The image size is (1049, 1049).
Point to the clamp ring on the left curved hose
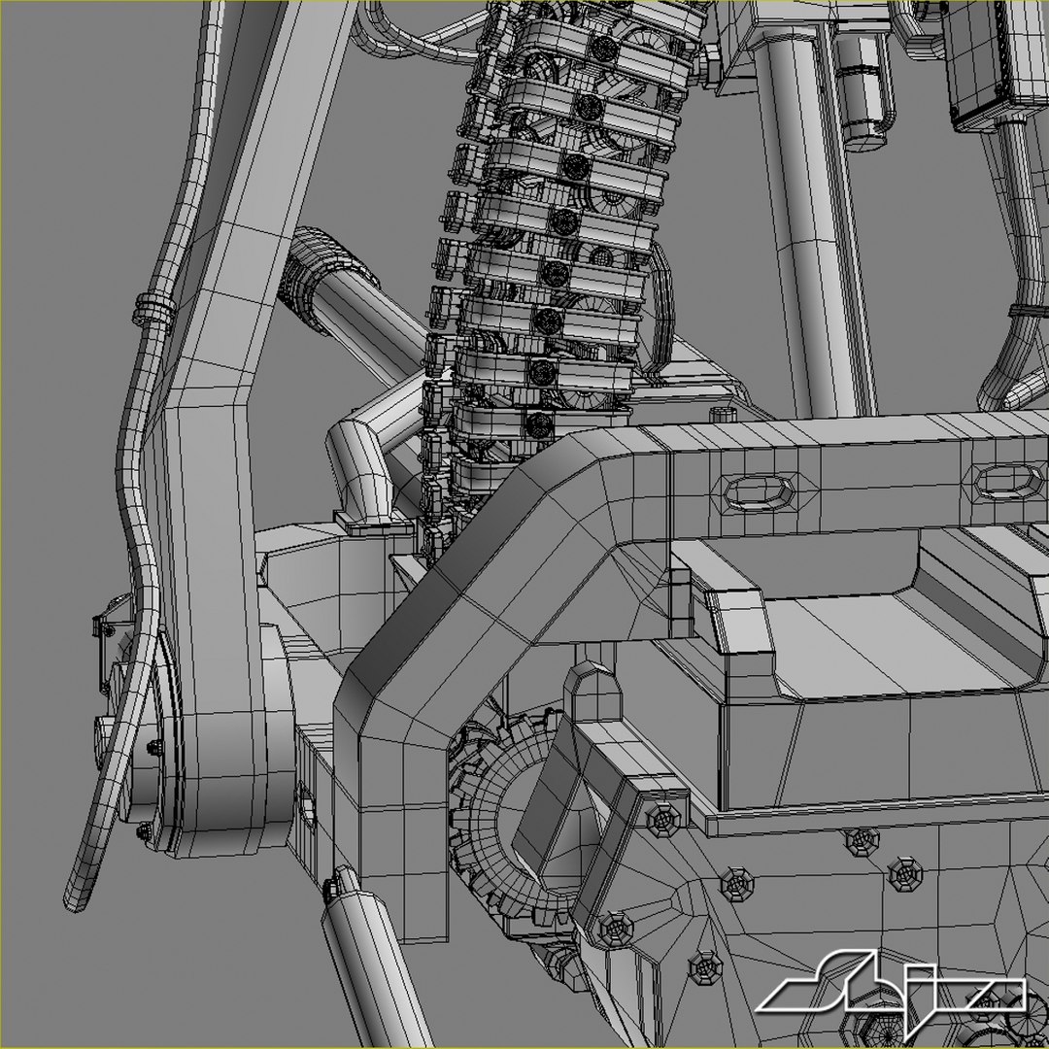(149, 309)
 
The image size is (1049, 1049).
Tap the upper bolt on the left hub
(154, 747)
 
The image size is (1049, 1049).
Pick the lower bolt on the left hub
(144, 831)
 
